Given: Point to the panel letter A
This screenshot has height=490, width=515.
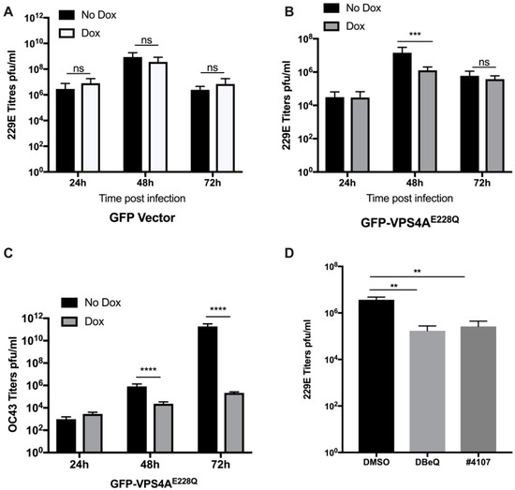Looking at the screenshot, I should coord(7,8).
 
